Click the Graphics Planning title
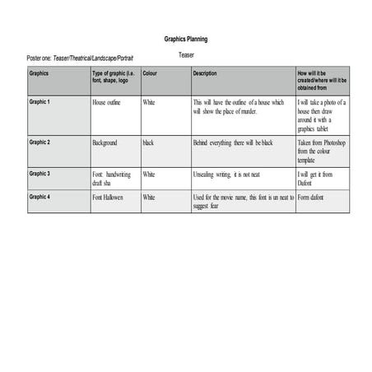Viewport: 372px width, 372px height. [185, 39]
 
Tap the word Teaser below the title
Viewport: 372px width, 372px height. [187, 54]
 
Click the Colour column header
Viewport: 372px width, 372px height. [151, 72]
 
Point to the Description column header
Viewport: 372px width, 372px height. [205, 72]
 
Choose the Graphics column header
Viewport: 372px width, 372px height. [40, 72]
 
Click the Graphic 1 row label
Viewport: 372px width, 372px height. [40, 102]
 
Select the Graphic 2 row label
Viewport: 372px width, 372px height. [40, 142]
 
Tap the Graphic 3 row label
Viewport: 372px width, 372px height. [40, 174]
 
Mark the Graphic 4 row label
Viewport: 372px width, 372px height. [40, 198]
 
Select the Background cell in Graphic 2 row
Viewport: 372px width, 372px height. [105, 143]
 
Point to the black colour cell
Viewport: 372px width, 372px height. [148, 143]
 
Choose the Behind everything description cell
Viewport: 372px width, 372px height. [233, 143]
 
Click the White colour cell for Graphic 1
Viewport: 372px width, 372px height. [149, 103]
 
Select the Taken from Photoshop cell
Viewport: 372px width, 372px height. [321, 151]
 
